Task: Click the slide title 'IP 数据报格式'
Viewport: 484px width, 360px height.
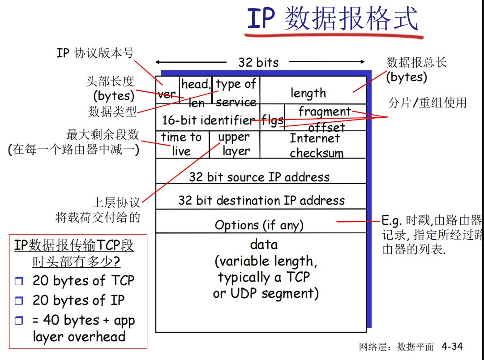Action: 333,19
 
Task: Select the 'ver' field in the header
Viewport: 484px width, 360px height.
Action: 167,90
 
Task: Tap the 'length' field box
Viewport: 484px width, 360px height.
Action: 313,90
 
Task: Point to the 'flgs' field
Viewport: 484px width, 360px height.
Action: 272,118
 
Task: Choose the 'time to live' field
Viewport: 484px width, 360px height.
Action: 182,145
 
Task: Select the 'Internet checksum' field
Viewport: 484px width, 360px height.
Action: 313,145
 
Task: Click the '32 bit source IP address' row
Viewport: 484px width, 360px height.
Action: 261,171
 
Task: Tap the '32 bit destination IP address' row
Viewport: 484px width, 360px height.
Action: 261,197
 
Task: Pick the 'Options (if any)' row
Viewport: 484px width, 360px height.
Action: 261,221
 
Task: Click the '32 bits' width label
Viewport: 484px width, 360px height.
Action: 258,62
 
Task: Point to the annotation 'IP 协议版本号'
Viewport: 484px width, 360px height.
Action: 95,53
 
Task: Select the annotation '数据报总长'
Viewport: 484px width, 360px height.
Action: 416,62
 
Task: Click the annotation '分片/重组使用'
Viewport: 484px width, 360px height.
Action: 428,103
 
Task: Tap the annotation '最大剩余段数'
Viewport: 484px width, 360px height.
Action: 103,134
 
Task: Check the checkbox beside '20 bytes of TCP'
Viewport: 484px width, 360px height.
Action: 19,281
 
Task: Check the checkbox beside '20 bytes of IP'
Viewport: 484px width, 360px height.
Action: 19,300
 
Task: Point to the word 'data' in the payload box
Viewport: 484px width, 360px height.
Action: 264,244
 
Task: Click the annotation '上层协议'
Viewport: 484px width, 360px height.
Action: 116,202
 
